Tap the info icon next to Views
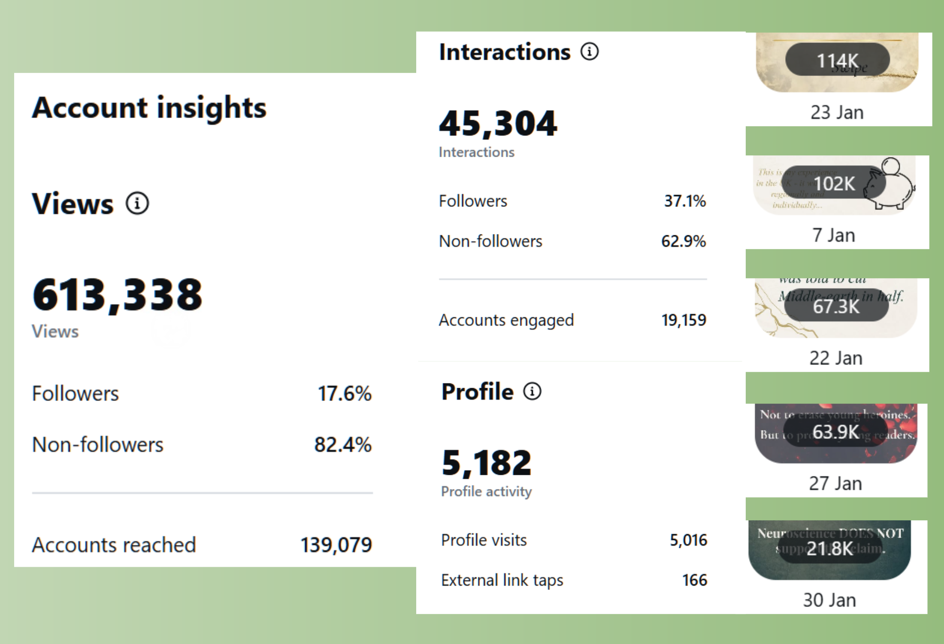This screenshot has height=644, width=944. point(137,203)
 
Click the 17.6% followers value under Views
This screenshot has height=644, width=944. point(344,393)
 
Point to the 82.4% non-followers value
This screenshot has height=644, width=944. point(342,444)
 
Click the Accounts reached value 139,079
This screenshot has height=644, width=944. point(336,545)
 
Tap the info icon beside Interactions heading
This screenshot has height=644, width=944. point(590,52)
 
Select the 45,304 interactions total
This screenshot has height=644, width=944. point(498,124)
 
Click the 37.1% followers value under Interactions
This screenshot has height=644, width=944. point(685,201)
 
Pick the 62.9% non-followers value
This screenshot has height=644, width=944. point(683,241)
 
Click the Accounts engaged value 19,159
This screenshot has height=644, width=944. point(683,320)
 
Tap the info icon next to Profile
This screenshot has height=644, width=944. point(532,391)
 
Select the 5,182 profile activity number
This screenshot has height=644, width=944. point(487,463)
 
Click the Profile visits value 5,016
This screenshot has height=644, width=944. point(688,540)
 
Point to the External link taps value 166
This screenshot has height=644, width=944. point(694,580)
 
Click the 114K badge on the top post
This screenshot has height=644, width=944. point(837,60)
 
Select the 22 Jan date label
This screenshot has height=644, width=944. point(836,358)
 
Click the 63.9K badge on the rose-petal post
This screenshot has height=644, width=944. point(835,431)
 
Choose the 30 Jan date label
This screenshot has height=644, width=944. point(829,600)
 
